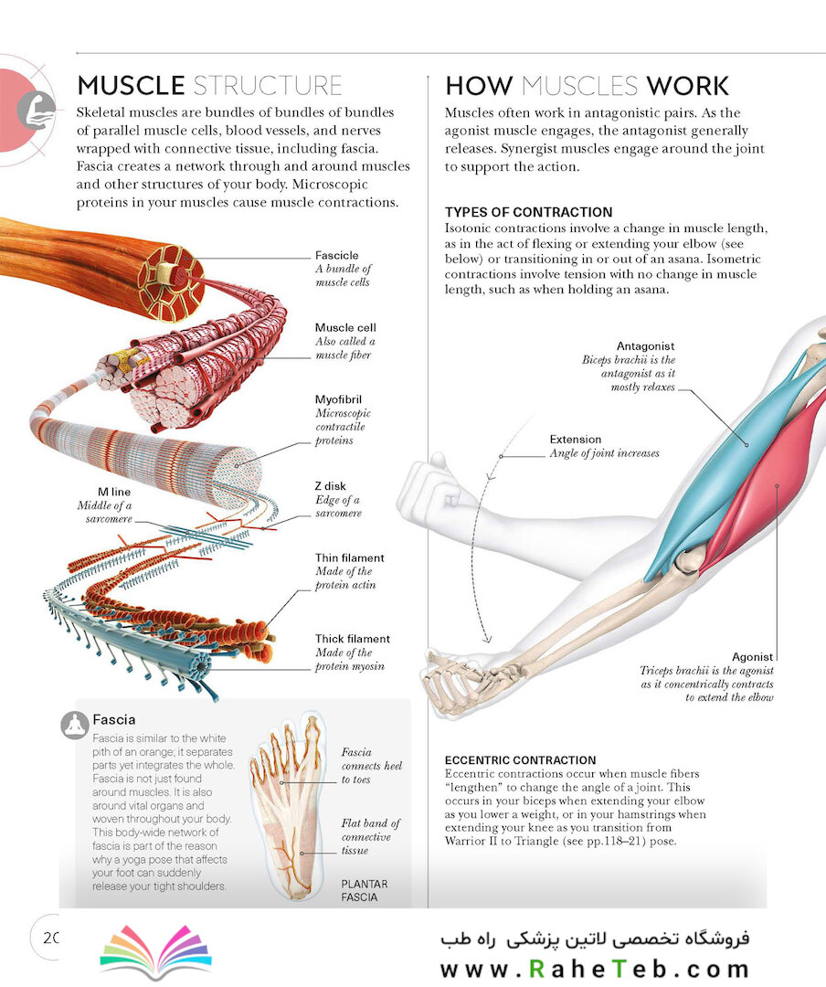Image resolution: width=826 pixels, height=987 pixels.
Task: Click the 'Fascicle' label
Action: point(337,255)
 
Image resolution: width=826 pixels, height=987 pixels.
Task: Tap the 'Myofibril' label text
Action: point(338,399)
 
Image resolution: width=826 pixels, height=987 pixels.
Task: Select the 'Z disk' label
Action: point(330,486)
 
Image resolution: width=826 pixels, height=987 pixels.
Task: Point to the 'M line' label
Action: point(114,492)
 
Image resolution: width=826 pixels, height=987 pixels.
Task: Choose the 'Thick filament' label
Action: point(352,638)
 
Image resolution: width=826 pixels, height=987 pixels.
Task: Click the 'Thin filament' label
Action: point(349,557)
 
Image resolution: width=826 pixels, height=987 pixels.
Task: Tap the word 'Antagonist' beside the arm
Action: point(645,346)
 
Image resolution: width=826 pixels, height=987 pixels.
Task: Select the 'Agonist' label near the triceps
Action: point(752,656)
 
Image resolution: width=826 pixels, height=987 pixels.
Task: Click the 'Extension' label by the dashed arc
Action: point(576,440)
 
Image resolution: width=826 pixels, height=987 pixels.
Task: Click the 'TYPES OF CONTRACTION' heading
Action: point(528,212)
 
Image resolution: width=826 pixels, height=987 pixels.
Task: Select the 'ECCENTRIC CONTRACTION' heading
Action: point(520,760)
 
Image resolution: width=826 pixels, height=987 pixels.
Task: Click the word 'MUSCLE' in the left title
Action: point(131,86)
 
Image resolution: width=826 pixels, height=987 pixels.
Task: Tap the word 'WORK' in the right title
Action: point(687,86)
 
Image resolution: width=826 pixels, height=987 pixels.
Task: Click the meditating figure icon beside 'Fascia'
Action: point(75,726)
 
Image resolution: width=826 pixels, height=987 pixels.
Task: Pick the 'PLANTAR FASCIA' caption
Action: point(364,891)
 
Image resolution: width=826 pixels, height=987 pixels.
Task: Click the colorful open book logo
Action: point(156,951)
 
